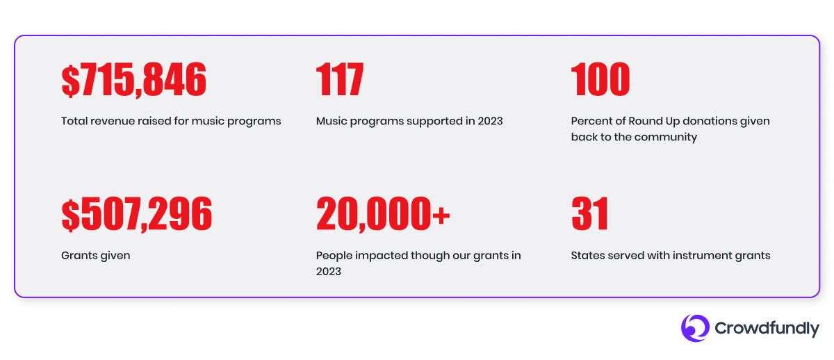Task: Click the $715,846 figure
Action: (133, 80)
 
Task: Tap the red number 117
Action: (340, 79)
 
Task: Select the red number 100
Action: (600, 79)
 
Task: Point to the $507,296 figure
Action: (137, 214)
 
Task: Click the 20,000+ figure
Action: (383, 213)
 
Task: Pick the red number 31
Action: (590, 213)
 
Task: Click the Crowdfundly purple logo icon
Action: (695, 328)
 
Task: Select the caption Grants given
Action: (96, 256)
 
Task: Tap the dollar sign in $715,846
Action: (71, 81)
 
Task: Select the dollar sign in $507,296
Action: (71, 215)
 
